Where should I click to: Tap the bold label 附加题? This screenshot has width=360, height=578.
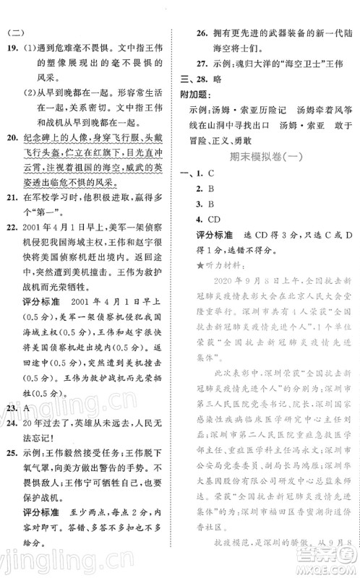coord(195,97)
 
